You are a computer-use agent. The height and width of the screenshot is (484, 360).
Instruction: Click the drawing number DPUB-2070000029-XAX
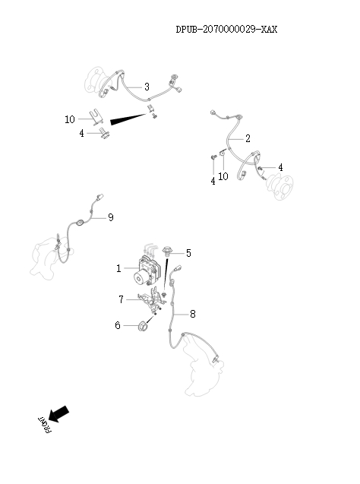[x=226, y=30]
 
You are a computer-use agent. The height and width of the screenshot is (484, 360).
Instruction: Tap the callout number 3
[x=147, y=87]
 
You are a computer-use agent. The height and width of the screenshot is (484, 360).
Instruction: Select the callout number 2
[x=248, y=138]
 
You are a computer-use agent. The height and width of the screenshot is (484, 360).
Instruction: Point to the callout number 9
[x=111, y=217]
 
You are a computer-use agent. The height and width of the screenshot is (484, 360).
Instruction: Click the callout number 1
[x=118, y=268]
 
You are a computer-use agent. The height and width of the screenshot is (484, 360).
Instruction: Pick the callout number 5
[x=188, y=253]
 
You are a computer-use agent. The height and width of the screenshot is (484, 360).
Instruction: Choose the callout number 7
[x=121, y=299]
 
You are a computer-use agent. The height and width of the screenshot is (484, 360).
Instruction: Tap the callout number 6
[x=118, y=325]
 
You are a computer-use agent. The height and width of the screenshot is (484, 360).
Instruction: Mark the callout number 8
[x=193, y=314]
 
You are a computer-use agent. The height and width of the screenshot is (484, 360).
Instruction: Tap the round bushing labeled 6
[x=143, y=326]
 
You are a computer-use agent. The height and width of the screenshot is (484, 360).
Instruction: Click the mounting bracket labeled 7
[x=152, y=299]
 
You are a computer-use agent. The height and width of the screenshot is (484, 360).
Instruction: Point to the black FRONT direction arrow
[x=58, y=413]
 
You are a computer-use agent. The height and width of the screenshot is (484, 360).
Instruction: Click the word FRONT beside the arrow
[x=45, y=425]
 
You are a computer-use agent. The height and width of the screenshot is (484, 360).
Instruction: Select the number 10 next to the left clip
[x=70, y=119]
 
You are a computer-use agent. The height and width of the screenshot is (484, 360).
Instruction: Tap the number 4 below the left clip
[x=81, y=133]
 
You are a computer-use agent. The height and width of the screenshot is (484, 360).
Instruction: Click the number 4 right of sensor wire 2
[x=280, y=167]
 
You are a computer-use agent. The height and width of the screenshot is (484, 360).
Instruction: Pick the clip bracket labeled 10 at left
[x=96, y=118]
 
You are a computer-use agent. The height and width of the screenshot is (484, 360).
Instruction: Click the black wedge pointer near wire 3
[x=128, y=119]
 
